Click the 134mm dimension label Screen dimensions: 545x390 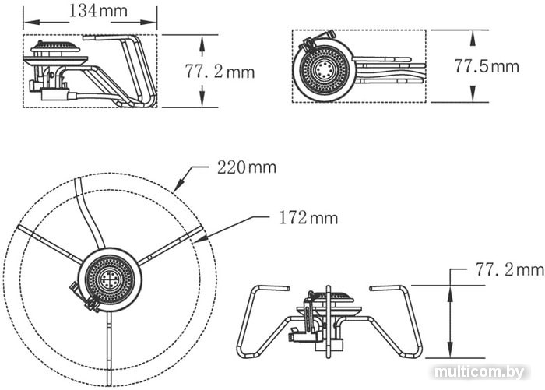(x=98, y=10)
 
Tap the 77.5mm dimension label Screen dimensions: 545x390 (x=487, y=65)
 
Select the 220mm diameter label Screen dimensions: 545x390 (x=247, y=167)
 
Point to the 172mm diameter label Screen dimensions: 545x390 (x=308, y=218)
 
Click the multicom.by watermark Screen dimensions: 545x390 (x=480, y=372)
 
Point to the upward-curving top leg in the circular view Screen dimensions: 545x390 (x=88, y=212)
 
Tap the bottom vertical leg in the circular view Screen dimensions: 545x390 (x=109, y=348)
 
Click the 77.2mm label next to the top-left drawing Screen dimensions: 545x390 (x=220, y=72)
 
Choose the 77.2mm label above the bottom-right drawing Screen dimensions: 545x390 (x=509, y=269)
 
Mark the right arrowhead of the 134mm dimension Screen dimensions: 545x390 (x=149, y=23)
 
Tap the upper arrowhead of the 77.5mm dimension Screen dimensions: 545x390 (x=472, y=37)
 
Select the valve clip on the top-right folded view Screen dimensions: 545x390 (x=318, y=39)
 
